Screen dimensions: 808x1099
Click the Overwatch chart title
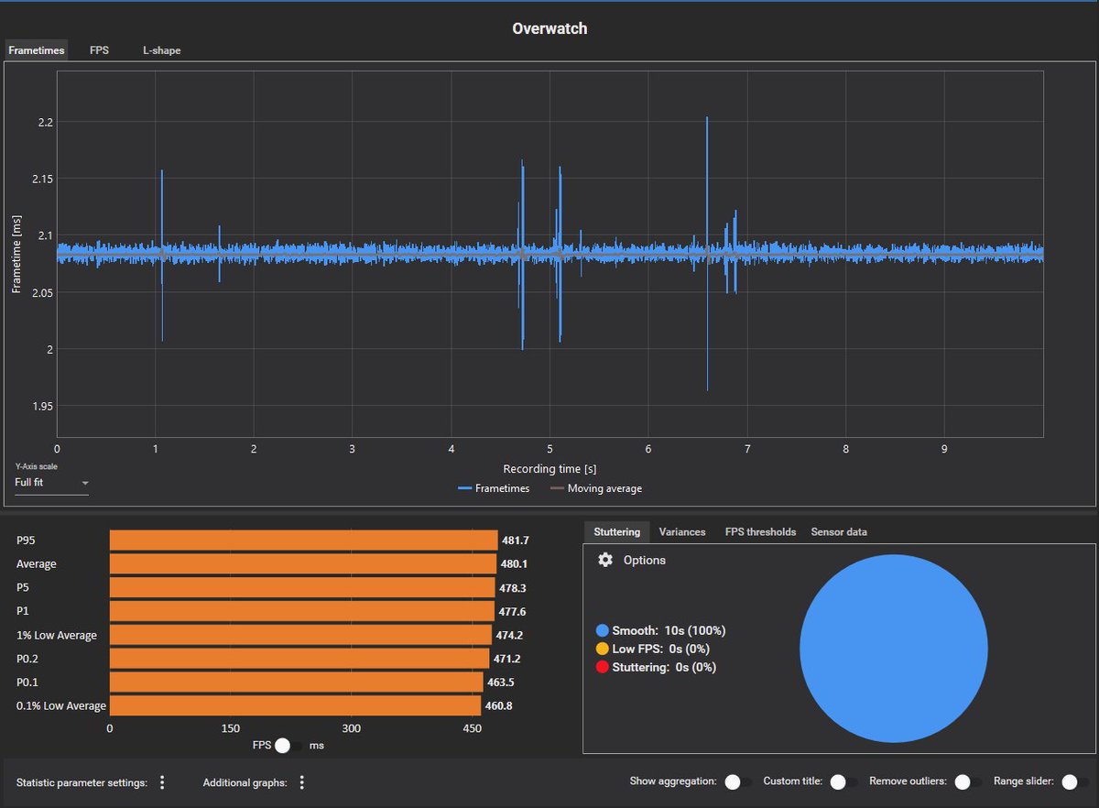549,28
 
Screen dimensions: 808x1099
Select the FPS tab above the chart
99,50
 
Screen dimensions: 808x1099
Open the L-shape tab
161,50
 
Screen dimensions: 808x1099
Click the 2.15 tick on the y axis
43,179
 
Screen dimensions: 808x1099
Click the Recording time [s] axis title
549,469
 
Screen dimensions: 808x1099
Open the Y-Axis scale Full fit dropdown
51,483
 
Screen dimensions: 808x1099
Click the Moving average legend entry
596,489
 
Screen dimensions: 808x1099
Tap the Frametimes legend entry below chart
494,489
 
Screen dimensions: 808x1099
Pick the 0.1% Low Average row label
61,706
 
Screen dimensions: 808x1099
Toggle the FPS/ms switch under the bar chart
288,746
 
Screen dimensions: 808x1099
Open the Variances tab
682,531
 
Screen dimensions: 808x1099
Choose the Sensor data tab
839,531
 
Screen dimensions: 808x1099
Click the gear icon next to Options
604,560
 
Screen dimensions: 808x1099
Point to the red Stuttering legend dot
602,667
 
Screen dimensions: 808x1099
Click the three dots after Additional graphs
301,782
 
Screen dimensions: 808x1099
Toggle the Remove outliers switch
962,782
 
